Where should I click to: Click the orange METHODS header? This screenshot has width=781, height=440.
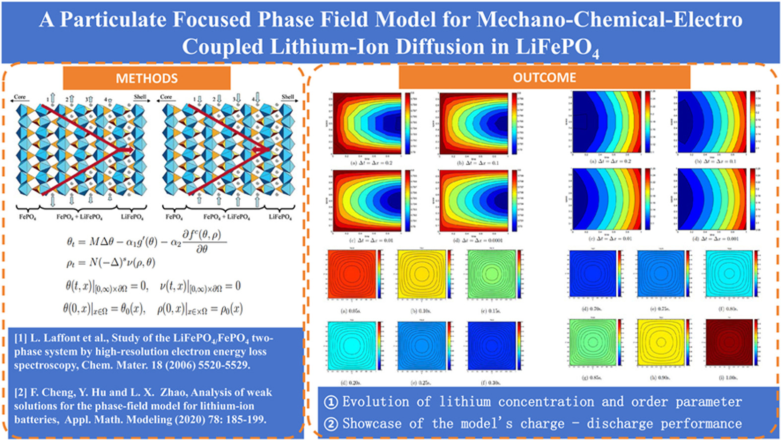(x=146, y=78)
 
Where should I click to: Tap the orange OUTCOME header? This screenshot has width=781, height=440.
(x=544, y=77)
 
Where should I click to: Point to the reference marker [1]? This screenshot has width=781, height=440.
(x=20, y=339)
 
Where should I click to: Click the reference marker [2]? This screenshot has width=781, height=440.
(x=20, y=393)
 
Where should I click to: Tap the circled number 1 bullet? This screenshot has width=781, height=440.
(x=330, y=402)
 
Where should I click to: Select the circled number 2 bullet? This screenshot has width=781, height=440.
(x=330, y=424)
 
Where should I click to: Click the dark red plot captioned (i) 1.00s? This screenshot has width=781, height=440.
(x=728, y=342)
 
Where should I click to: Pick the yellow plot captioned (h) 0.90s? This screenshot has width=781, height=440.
(x=660, y=342)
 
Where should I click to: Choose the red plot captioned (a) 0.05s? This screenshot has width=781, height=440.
(x=352, y=274)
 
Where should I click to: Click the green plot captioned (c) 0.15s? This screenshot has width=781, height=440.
(x=491, y=274)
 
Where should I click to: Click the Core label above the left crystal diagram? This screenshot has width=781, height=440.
(x=20, y=97)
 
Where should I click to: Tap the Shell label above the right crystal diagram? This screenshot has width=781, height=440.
(x=288, y=97)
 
